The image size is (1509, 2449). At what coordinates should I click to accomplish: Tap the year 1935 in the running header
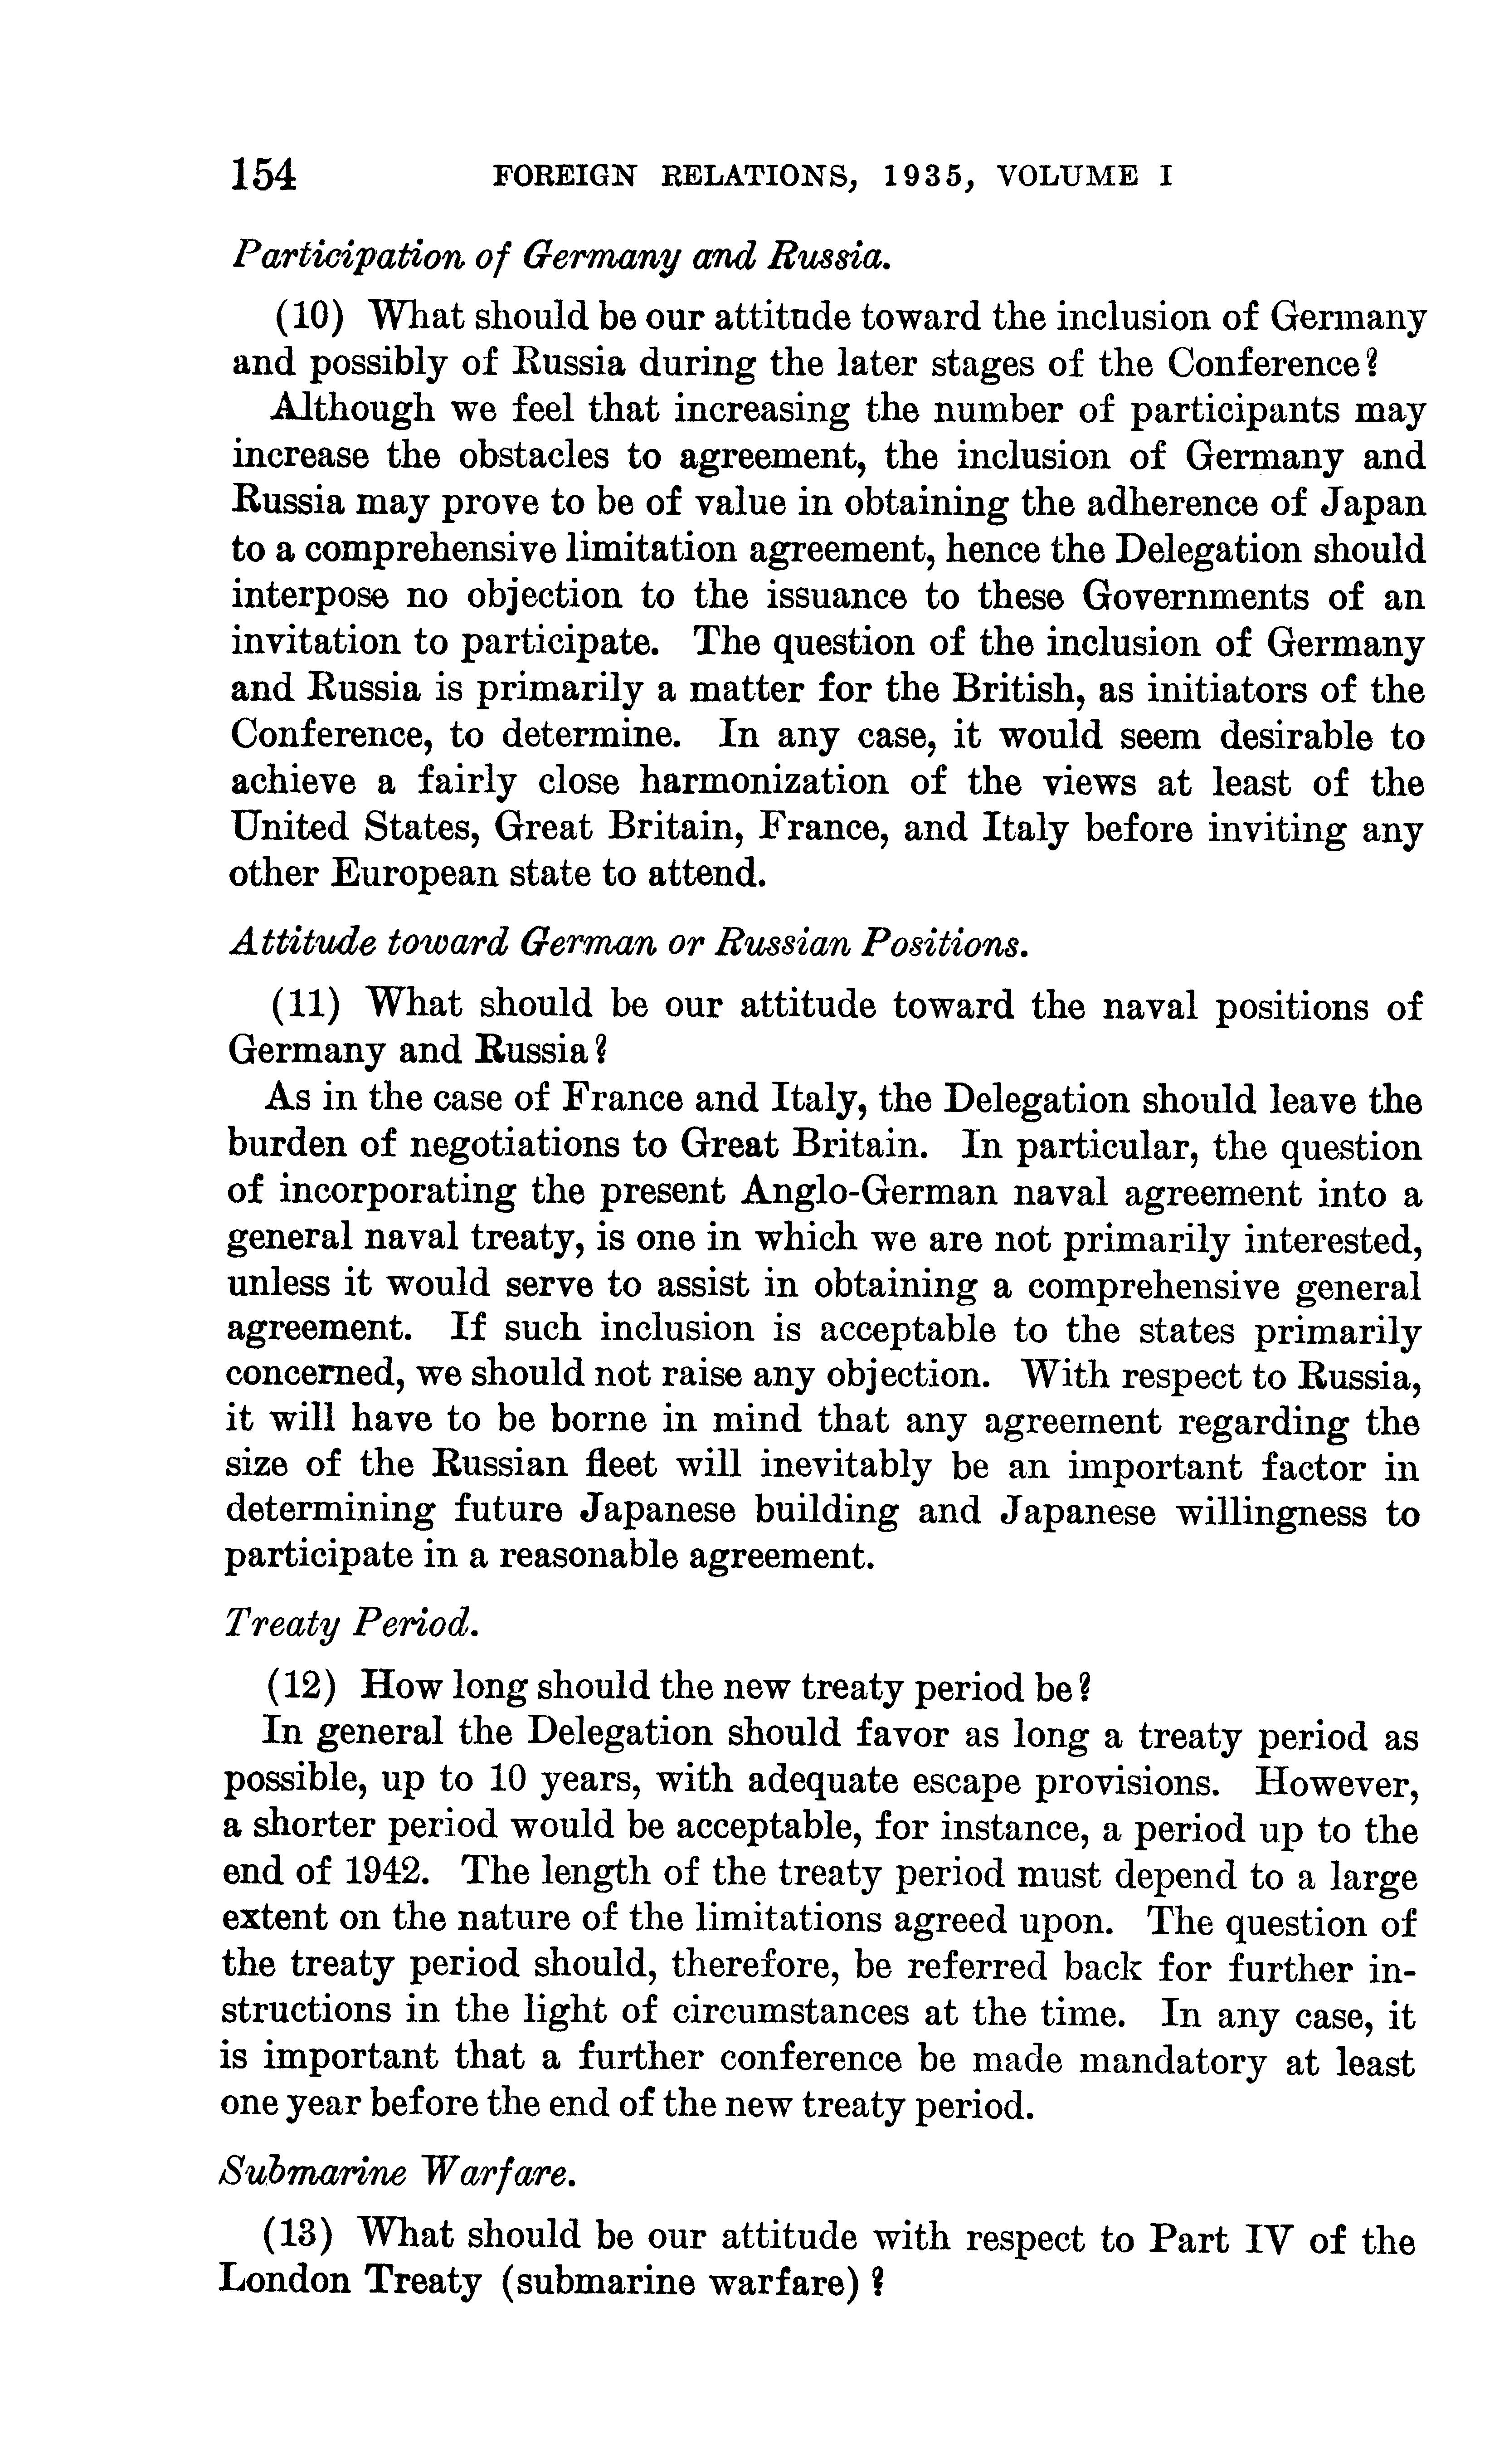923,176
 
